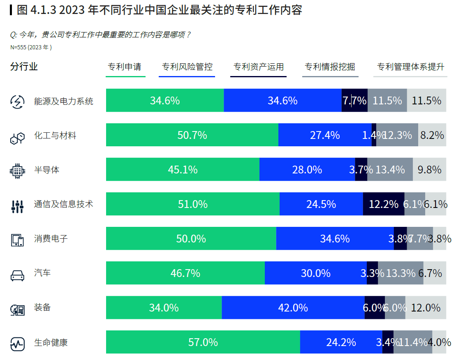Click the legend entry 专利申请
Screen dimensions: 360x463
[x=125, y=67]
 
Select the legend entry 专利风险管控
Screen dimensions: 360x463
[x=187, y=67]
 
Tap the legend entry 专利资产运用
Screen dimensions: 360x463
[x=259, y=67]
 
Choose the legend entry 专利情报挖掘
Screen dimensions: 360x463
[x=330, y=67]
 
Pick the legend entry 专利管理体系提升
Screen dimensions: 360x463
[x=410, y=67]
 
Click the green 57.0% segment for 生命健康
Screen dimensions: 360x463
[x=203, y=342]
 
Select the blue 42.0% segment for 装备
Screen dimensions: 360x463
[x=293, y=307]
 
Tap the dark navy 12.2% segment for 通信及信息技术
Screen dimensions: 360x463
[x=383, y=204]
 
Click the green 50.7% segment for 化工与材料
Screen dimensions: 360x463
[x=192, y=135]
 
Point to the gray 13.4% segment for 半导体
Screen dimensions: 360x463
[x=390, y=169]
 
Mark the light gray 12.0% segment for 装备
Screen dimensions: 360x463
[x=426, y=307]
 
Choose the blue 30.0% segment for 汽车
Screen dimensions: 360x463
[x=315, y=273]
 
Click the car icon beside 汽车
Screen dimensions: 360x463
[x=17, y=275]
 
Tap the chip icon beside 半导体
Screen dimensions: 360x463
[x=17, y=171]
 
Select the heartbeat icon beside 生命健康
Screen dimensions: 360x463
[x=17, y=344]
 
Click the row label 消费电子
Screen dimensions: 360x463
[x=51, y=238]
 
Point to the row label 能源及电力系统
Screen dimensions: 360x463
[x=64, y=101]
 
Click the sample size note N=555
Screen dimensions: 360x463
[x=31, y=47]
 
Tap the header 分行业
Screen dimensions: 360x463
[x=24, y=67]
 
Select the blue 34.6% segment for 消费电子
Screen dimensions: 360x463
[x=335, y=238]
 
